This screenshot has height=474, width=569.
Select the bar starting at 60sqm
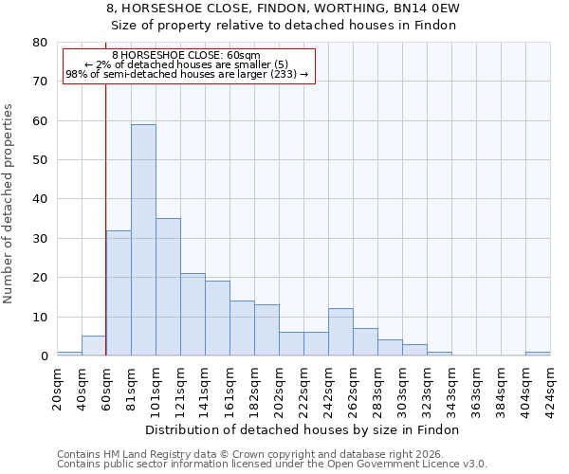coord(119,293)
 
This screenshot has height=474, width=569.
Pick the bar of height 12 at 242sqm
coord(340,332)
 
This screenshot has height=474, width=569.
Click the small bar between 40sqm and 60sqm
coord(94,346)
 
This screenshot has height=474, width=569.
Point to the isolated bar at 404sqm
coord(538,354)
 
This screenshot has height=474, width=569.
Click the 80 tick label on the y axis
coord(40,43)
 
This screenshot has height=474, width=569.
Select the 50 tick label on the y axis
coord(40,160)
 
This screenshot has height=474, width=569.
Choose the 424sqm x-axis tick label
coord(551,388)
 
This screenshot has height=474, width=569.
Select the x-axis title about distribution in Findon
coord(303,429)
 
